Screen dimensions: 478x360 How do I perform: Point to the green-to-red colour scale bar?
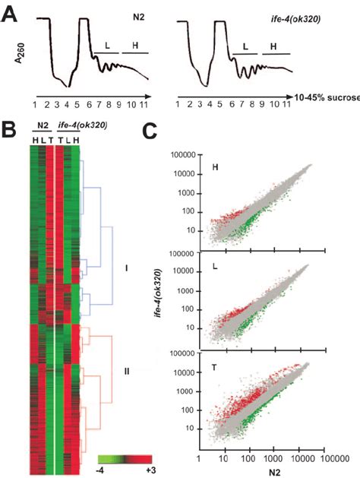[x=128, y=459]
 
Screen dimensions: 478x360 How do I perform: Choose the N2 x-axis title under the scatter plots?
[x=261, y=470]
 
